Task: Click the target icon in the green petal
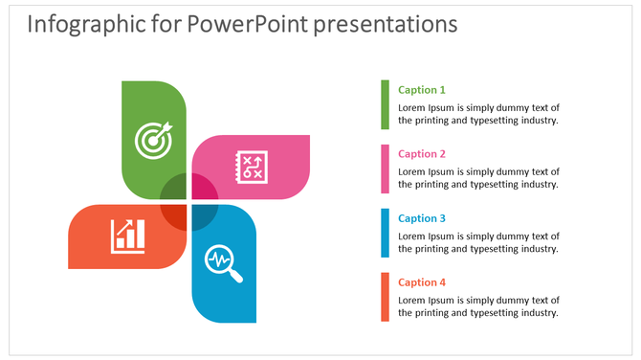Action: (x=153, y=140)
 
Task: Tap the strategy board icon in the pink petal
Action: (x=252, y=168)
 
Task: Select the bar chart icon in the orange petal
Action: (x=127, y=236)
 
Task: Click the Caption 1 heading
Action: (x=422, y=90)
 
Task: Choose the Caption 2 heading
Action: (x=422, y=154)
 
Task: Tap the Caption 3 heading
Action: (x=422, y=218)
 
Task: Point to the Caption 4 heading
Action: (x=422, y=282)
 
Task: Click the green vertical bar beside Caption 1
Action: (x=386, y=104)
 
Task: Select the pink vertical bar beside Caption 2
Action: (x=386, y=169)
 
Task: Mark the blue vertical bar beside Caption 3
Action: (x=386, y=233)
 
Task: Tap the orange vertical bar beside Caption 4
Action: (x=386, y=297)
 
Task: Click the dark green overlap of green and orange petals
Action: (x=174, y=189)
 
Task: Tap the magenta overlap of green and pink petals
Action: (x=203, y=187)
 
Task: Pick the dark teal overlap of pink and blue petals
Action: (x=205, y=216)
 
